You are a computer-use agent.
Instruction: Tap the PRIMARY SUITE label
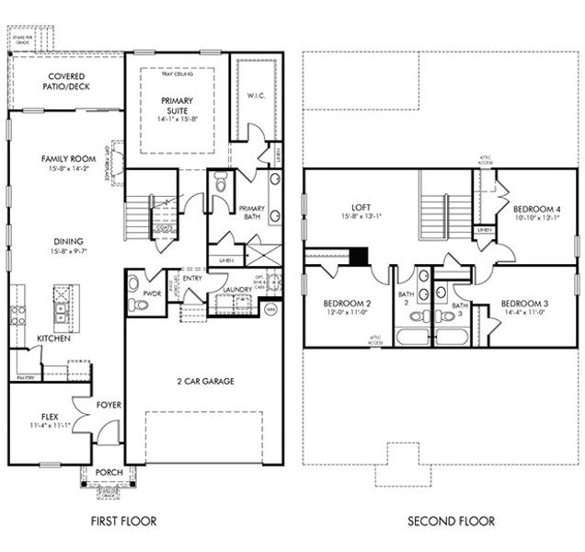tap(177, 105)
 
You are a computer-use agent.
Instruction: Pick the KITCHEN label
tap(53, 339)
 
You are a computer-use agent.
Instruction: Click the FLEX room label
tap(50, 416)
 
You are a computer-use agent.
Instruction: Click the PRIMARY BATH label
tap(252, 213)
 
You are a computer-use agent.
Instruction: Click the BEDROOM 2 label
tap(347, 305)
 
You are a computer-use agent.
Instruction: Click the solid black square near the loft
tap(360, 256)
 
